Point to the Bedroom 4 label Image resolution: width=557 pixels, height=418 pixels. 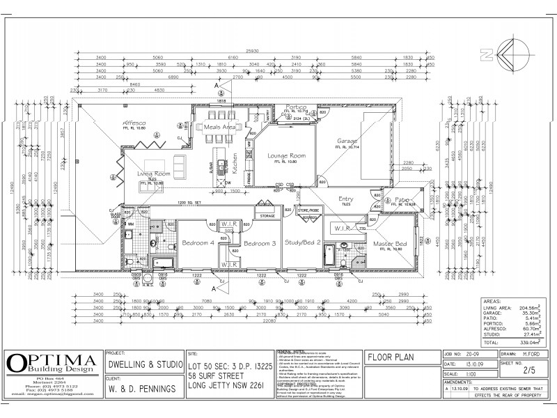point(198,243)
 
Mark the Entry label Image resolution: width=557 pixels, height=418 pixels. point(347,199)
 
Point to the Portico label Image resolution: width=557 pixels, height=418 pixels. point(295,107)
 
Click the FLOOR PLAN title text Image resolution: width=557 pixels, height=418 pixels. point(390,358)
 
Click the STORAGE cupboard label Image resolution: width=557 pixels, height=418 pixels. point(267,217)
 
